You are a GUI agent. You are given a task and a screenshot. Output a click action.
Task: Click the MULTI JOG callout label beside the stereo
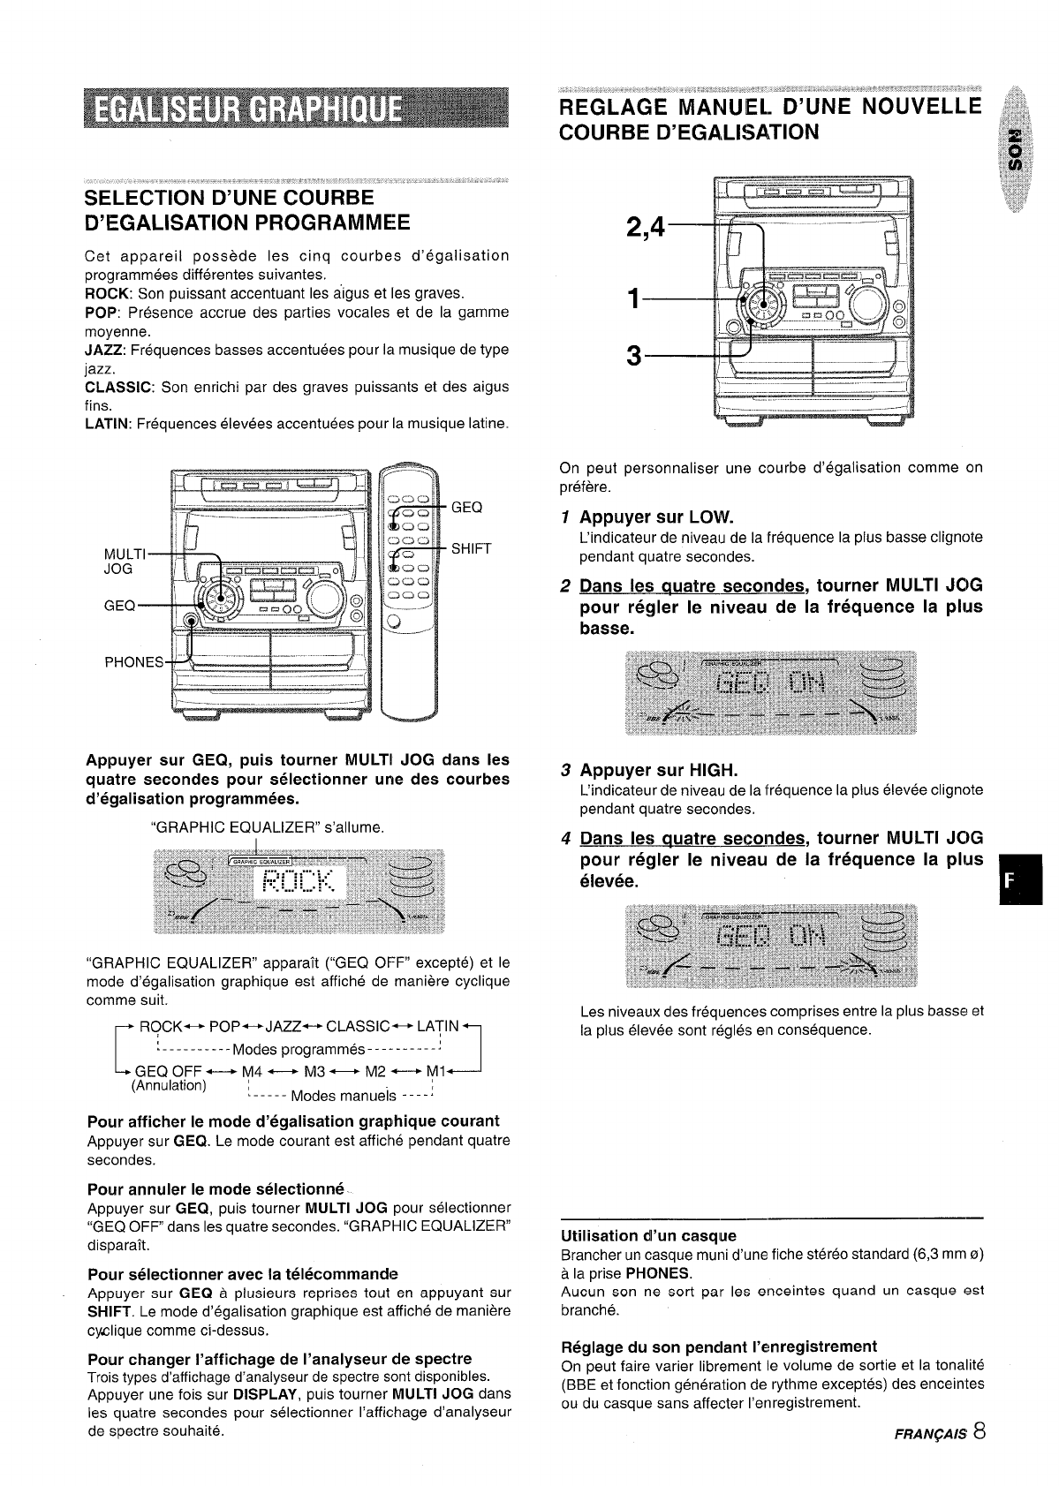(119, 562)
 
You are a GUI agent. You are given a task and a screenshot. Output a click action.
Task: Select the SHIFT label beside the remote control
(470, 548)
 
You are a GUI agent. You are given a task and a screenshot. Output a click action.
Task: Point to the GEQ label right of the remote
(466, 508)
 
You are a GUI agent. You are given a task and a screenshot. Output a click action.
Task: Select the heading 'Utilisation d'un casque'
(648, 1235)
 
